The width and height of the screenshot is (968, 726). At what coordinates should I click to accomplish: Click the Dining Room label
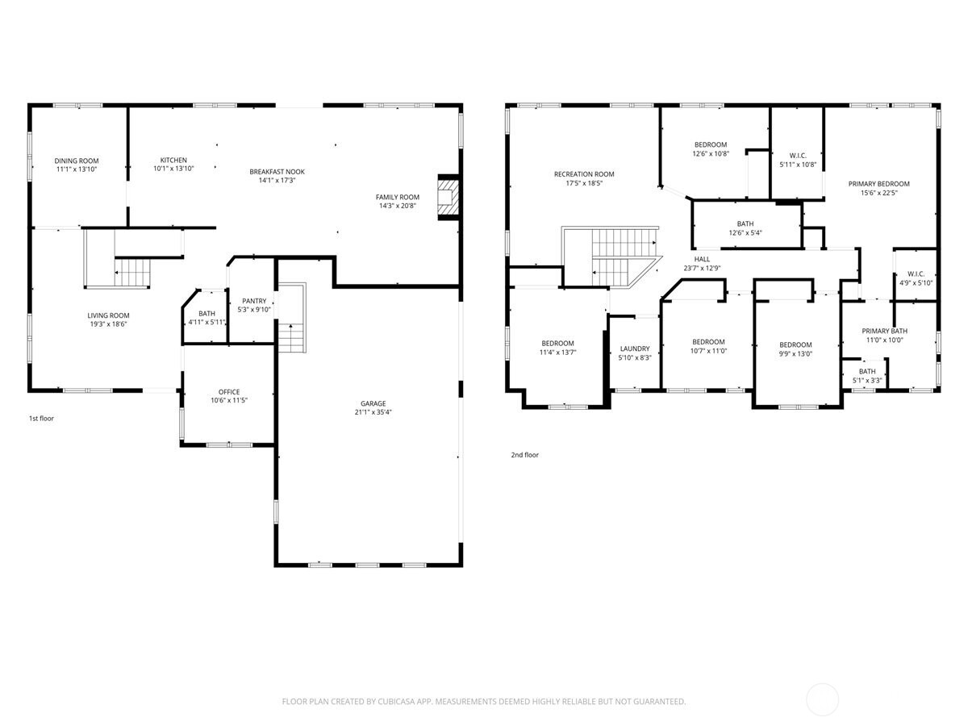click(77, 161)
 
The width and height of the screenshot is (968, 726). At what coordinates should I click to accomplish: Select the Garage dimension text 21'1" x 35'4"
click(373, 412)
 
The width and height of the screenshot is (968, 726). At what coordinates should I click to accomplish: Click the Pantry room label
click(254, 301)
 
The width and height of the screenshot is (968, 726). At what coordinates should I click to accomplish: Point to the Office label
click(229, 392)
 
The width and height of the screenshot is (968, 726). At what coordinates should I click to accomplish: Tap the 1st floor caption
click(40, 419)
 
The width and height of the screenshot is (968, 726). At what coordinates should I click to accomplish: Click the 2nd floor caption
click(524, 455)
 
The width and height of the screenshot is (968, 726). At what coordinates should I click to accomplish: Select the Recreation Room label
click(584, 174)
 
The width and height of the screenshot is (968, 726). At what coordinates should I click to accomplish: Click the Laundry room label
click(635, 348)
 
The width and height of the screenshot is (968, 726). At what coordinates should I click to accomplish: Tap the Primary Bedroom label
click(878, 184)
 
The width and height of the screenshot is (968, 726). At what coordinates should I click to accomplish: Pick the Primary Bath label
click(884, 331)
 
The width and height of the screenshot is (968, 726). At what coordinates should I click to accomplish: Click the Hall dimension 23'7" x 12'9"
click(702, 268)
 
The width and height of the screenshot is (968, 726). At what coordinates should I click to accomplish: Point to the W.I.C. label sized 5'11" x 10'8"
click(798, 155)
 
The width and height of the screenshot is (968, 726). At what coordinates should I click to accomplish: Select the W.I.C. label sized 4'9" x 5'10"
click(916, 273)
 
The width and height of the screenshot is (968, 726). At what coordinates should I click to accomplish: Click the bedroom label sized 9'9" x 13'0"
click(795, 344)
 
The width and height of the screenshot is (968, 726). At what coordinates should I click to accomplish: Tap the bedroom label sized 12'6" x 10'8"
click(711, 144)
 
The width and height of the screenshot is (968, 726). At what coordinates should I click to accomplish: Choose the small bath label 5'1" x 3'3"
click(867, 371)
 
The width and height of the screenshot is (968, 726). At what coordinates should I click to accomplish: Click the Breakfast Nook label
click(277, 171)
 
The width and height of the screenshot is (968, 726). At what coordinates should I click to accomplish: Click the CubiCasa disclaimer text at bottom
click(484, 702)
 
